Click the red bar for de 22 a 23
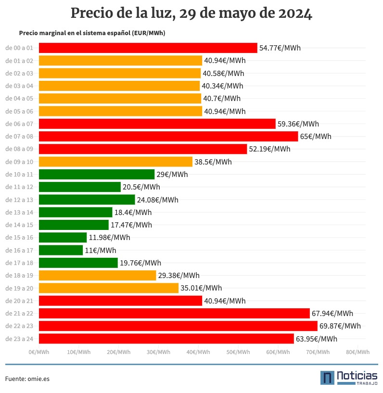(178, 326)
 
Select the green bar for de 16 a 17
(61, 250)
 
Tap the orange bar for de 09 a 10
(115, 162)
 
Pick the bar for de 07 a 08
(168, 137)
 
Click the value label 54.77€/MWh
(280, 48)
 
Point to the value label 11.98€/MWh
(109, 238)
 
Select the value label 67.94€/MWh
(332, 314)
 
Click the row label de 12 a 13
(19, 200)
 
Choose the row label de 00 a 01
(19, 48)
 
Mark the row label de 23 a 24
(19, 339)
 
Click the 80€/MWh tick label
(358, 352)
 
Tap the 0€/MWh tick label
(39, 352)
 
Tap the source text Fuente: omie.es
(27, 379)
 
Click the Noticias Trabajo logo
(349, 378)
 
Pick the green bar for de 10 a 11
(97, 174)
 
